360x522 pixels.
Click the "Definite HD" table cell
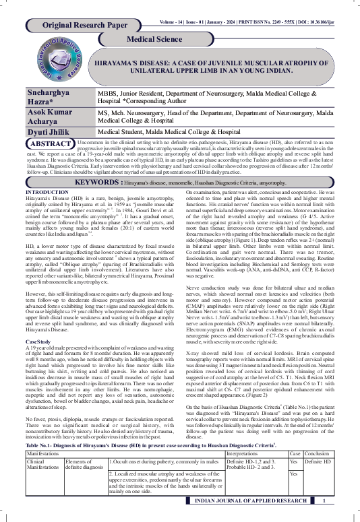pos(318,463)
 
